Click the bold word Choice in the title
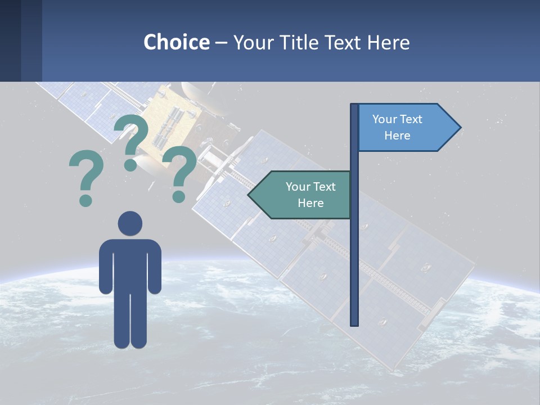[x=176, y=42]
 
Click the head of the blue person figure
[x=130, y=223]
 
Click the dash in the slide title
[x=221, y=43]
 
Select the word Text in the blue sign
[x=411, y=119]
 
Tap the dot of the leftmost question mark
[x=85, y=200]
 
